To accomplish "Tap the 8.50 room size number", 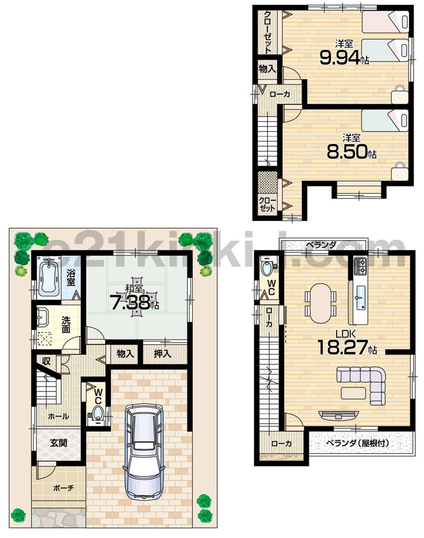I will coord(346,151).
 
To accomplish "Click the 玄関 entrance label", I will coord(59,443).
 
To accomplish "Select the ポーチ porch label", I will coord(64,488).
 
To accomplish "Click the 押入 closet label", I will coord(162,353).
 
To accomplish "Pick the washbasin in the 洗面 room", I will coord(42,316).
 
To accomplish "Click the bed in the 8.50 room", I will coord(385,120).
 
